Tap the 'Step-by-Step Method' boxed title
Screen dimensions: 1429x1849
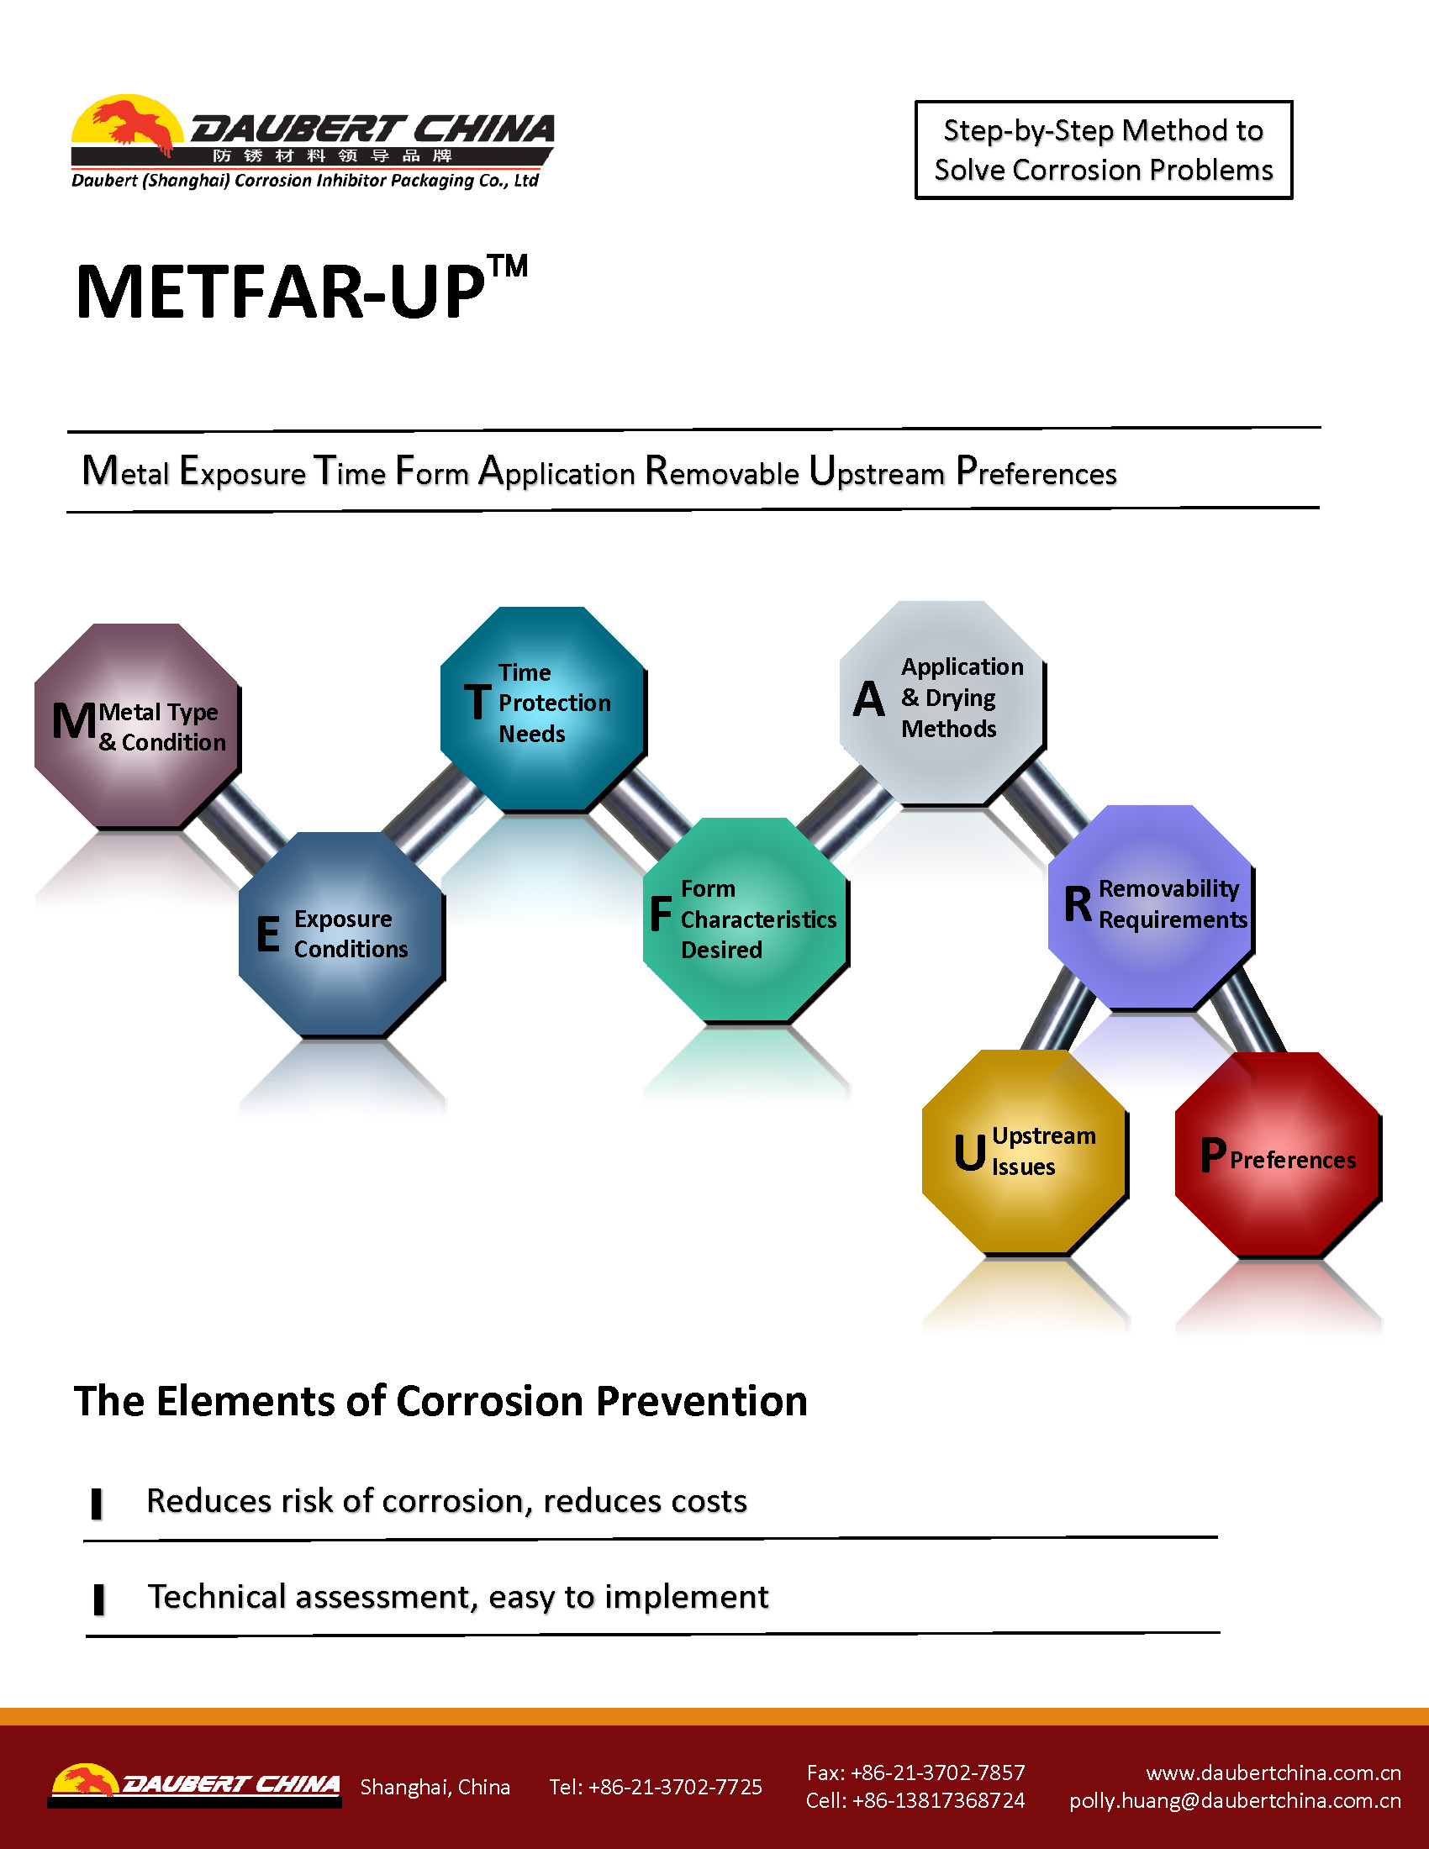click(x=1103, y=150)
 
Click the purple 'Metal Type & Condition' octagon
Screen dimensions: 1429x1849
click(x=137, y=725)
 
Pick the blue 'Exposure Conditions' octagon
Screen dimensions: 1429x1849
click(x=341, y=934)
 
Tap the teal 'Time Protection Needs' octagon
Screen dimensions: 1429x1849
click(x=543, y=709)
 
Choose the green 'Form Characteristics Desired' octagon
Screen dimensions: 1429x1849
click(x=746, y=919)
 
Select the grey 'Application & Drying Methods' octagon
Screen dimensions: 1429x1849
click(x=942, y=703)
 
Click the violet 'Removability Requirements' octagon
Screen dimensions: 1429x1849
click(x=1151, y=907)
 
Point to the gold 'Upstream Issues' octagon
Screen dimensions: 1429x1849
click(x=1025, y=1151)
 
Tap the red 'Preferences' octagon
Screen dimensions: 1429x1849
click(x=1278, y=1155)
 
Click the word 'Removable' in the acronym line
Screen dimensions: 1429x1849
click(x=721, y=471)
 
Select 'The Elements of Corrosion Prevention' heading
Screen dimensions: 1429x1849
click(x=440, y=1401)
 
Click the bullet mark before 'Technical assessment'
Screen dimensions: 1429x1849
click(x=98, y=1599)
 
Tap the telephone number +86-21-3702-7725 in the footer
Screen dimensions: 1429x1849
click(x=656, y=1786)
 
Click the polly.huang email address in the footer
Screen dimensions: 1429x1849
click(x=1235, y=1801)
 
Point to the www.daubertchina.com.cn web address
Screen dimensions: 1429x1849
click(x=1273, y=1773)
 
